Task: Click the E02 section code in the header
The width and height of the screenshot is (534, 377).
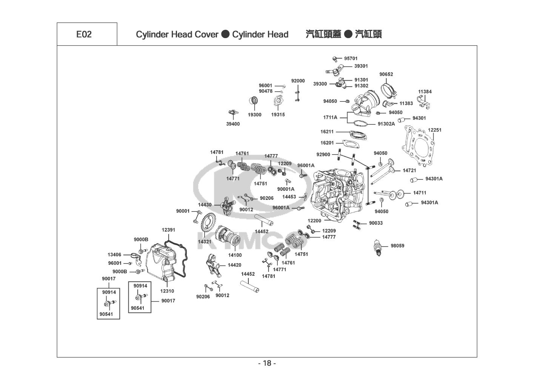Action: (84, 34)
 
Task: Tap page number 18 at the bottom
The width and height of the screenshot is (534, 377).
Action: (267, 363)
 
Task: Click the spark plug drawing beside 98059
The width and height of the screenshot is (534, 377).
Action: (377, 248)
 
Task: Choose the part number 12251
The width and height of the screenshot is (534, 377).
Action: (434, 130)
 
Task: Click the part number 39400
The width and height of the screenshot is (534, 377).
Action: (233, 124)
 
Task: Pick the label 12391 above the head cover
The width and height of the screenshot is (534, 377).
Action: (168, 230)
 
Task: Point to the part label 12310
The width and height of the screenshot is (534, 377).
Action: (167, 291)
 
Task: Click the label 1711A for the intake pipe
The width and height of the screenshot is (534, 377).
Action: (330, 118)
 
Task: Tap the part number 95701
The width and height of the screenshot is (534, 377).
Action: (351, 58)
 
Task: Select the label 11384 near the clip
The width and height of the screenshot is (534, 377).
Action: (425, 92)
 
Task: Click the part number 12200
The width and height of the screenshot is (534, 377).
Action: (314, 221)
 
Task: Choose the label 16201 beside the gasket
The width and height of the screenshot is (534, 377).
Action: (327, 143)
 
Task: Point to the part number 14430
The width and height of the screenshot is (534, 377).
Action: (205, 205)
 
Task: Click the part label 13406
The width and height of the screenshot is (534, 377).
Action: (114, 255)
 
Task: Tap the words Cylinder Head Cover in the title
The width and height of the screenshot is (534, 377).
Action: (177, 34)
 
